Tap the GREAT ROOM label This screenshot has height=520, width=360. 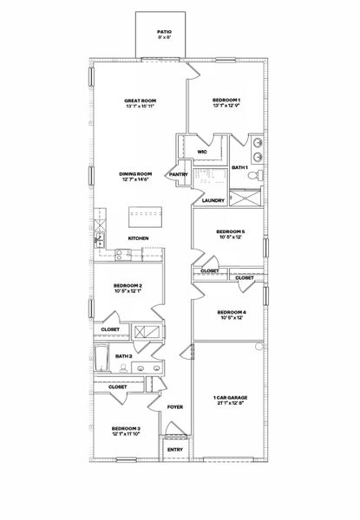tap(139, 101)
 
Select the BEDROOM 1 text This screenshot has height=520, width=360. tap(226, 101)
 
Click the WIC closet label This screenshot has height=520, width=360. tap(201, 152)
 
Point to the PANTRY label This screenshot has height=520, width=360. tap(179, 174)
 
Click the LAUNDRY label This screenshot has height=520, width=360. tap(213, 200)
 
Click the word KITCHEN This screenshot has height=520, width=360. tap(140, 238)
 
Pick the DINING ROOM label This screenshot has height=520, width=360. tap(135, 174)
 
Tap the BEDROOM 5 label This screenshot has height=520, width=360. tap(230, 231)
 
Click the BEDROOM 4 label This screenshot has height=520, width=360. tap(232, 312)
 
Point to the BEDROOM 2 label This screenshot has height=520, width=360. tap(128, 286)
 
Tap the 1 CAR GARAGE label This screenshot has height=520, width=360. tap(228, 399)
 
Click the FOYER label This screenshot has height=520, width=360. tap(175, 406)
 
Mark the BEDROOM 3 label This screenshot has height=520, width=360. tap(125, 429)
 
